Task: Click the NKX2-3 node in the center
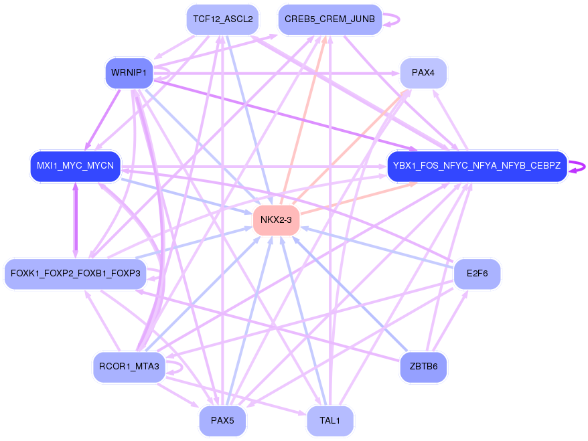click(276, 220)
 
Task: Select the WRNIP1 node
click(129, 73)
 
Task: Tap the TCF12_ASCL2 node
click(222, 19)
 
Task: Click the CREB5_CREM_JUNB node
click(329, 19)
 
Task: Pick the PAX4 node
click(423, 73)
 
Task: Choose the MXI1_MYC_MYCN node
click(75, 166)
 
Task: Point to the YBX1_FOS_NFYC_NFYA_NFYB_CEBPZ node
click(477, 166)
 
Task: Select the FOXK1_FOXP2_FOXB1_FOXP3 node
click(75, 274)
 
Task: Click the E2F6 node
click(477, 274)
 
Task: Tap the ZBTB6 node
click(423, 367)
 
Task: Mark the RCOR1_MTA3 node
click(129, 367)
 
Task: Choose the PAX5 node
click(222, 421)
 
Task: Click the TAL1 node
click(329, 421)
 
